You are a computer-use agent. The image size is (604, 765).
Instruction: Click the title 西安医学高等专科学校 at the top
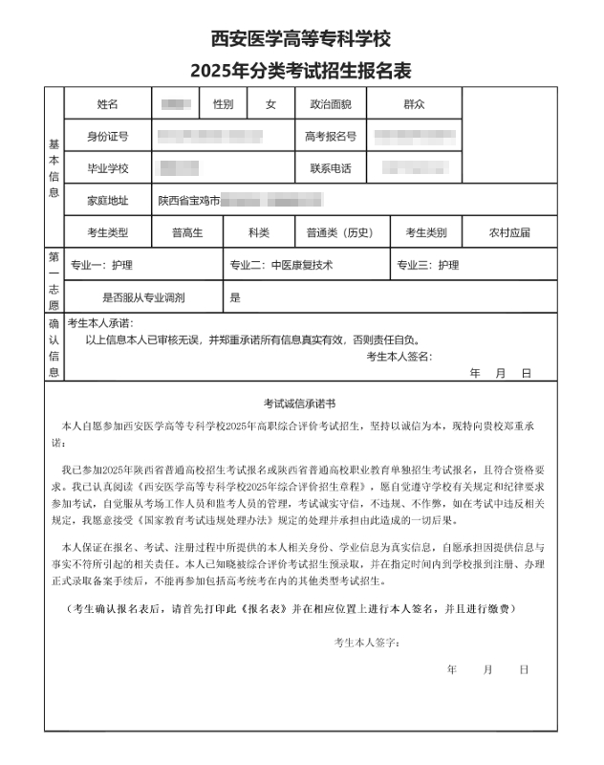pyautogui.click(x=301, y=39)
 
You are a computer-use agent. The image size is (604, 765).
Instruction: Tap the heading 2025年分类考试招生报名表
pyautogui.click(x=301, y=71)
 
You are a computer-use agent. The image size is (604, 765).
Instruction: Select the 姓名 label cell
pyautogui.click(x=107, y=103)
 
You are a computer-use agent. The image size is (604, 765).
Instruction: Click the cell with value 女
pyautogui.click(x=270, y=103)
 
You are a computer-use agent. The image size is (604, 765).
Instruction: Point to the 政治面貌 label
pyautogui.click(x=331, y=103)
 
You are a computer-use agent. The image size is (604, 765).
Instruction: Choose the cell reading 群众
pyautogui.click(x=414, y=103)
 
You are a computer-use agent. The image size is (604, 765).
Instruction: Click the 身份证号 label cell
pyautogui.click(x=107, y=136)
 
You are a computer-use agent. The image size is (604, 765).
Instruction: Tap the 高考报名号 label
pyautogui.click(x=331, y=136)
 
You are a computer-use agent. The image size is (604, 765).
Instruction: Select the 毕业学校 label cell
pyautogui.click(x=107, y=168)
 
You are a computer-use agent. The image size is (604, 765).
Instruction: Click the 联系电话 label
pyautogui.click(x=331, y=168)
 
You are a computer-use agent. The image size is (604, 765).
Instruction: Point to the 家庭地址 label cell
pyautogui.click(x=107, y=201)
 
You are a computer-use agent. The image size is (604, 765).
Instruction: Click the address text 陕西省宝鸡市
pyautogui.click(x=189, y=201)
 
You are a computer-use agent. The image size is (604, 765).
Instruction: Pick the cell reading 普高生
pyautogui.click(x=187, y=232)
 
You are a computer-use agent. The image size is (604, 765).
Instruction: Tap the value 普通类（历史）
pyautogui.click(x=339, y=232)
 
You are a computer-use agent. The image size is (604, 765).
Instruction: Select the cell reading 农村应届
pyautogui.click(x=508, y=232)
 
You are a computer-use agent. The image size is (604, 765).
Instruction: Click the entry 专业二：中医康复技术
pyautogui.click(x=281, y=265)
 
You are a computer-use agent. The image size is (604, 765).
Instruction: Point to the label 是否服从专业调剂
pyautogui.click(x=143, y=297)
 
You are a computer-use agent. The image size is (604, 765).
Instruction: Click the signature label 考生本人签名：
pyautogui.click(x=399, y=357)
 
